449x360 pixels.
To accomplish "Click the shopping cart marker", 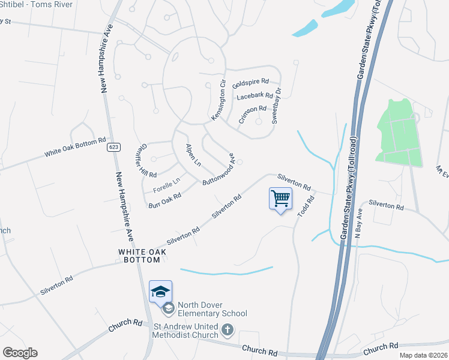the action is click(281, 199).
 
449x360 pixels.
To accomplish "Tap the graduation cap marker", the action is click(160, 292).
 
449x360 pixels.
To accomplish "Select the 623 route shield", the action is click(113, 147).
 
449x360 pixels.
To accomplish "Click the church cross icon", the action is click(228, 329).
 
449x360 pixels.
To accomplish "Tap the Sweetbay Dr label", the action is click(276, 106).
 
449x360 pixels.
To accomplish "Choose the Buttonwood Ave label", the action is click(219, 169).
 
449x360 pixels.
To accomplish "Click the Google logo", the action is click(19, 353).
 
